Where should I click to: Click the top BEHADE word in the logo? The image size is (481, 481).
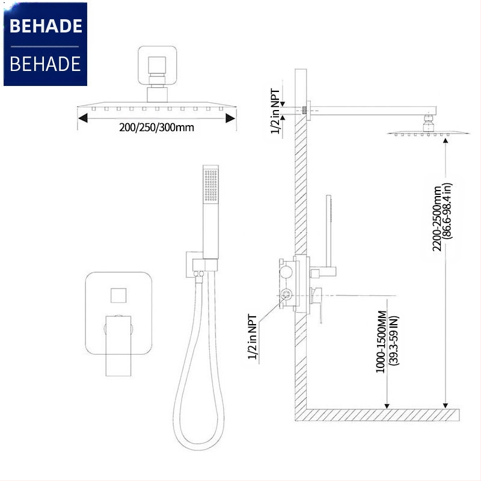(x=46, y=26)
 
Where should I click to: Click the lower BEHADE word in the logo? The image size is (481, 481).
(x=46, y=63)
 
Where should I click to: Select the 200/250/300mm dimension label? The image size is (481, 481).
(x=156, y=127)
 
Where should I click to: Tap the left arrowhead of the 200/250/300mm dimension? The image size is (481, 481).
(x=83, y=118)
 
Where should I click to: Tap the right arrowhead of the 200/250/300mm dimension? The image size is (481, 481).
(x=230, y=118)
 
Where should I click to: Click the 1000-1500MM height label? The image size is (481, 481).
(x=381, y=342)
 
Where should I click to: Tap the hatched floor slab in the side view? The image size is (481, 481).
(x=379, y=414)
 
